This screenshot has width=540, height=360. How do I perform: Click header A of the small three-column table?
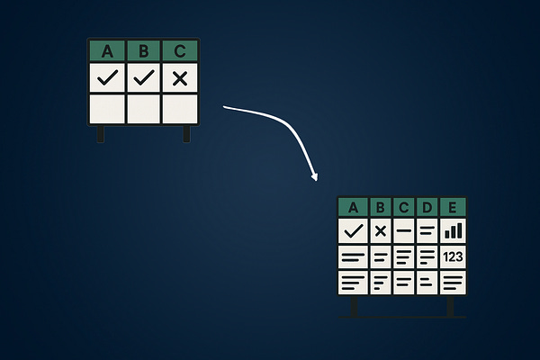108,51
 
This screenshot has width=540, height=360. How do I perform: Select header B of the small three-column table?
144,51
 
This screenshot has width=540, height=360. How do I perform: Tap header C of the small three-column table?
180,51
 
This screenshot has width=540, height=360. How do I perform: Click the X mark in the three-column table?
180,78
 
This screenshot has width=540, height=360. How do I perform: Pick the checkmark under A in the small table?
108,78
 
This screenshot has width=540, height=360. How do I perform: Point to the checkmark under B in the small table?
144,78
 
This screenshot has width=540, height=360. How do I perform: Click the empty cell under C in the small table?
180,108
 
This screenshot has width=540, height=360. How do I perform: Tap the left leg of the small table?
101,133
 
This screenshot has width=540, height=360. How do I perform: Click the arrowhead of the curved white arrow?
314,175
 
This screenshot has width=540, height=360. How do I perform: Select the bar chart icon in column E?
453,230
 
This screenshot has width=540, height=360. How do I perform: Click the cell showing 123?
453,257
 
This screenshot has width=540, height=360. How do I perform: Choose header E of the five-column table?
453,207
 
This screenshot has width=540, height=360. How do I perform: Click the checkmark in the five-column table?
354,230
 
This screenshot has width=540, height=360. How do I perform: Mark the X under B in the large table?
381,230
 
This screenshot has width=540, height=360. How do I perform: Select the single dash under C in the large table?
404,230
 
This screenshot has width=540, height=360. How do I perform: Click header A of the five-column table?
354,207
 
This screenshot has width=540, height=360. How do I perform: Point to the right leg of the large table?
451,307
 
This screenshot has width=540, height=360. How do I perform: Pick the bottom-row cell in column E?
453,283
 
